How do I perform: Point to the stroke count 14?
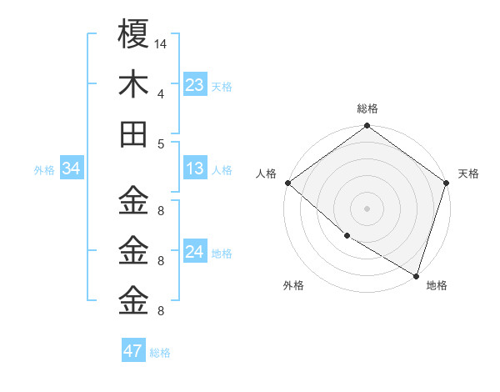click(x=160, y=43)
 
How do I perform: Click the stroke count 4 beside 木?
click(x=160, y=93)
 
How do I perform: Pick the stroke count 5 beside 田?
click(x=160, y=143)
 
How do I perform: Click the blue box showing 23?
click(x=195, y=85)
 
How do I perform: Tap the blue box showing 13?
click(x=195, y=168)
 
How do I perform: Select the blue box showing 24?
click(x=195, y=252)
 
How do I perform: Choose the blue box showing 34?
click(x=71, y=168)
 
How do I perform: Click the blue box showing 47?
click(x=132, y=351)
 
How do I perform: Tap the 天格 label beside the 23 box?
click(x=221, y=86)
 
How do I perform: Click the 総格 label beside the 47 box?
click(x=160, y=352)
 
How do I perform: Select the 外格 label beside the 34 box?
click(x=44, y=169)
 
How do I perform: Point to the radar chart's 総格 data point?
click(x=367, y=127)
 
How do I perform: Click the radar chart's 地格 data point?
click(x=416, y=275)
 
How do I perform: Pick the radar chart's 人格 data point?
click(x=287, y=183)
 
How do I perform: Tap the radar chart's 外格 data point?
click(x=346, y=236)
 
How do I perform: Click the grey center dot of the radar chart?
click(x=367, y=209)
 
